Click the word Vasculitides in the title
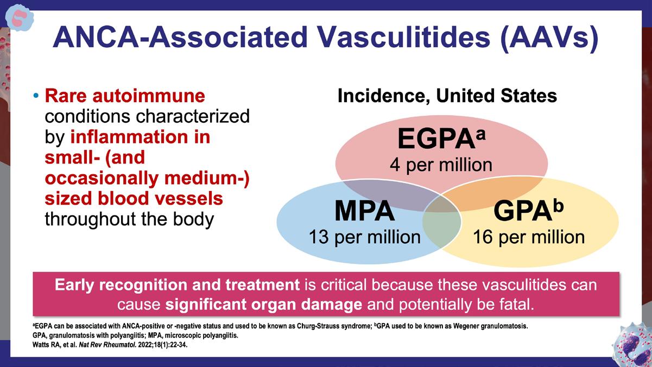[404, 37]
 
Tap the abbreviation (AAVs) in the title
[549, 39]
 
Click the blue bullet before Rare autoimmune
[36, 96]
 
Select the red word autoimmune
[149, 96]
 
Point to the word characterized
[193, 116]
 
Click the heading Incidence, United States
[447, 96]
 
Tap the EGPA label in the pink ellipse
[436, 138]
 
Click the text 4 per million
[441, 164]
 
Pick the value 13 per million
[364, 237]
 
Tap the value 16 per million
[529, 237]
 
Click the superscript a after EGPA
[481, 135]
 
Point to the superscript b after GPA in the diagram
[558, 205]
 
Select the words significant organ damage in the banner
[264, 305]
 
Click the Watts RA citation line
[110, 345]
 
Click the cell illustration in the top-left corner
[19, 18]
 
